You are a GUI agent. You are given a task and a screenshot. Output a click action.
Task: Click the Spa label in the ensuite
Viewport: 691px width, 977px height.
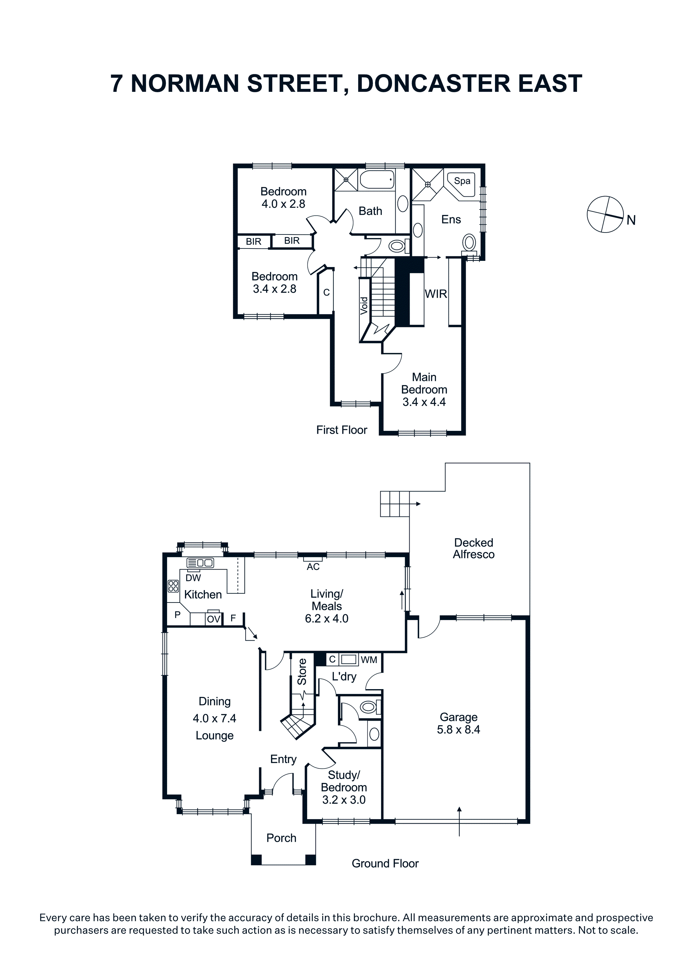[x=462, y=181]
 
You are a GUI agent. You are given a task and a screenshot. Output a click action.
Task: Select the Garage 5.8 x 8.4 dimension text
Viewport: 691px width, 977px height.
[x=458, y=729]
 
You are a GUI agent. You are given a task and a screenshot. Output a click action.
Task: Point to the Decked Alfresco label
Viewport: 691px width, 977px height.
[x=473, y=548]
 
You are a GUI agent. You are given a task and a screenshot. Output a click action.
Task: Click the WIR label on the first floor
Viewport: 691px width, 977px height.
[x=436, y=294]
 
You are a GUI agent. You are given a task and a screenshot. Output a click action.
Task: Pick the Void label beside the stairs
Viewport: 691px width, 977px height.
[x=364, y=305]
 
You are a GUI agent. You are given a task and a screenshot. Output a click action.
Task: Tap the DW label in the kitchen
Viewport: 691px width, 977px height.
[x=193, y=578]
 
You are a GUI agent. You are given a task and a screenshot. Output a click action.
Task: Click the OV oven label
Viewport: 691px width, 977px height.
[x=214, y=619]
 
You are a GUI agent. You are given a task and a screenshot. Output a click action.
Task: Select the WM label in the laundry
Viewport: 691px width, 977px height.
[x=369, y=660]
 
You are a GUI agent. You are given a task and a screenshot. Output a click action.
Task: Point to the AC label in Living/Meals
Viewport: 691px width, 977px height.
[x=313, y=567]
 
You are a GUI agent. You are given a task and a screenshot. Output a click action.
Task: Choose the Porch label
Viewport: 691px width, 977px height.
[x=281, y=838]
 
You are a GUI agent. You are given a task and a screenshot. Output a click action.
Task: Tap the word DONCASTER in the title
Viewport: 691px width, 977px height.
[x=433, y=83]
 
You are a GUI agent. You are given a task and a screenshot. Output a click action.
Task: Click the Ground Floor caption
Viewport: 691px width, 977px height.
[x=385, y=864]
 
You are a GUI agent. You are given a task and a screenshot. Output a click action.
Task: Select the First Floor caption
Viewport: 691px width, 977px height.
[x=342, y=430]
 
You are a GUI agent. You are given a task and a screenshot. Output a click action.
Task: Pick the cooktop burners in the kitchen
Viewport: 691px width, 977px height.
[x=173, y=586]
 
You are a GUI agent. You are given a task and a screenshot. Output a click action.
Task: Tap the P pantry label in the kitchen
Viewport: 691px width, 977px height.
[x=177, y=615]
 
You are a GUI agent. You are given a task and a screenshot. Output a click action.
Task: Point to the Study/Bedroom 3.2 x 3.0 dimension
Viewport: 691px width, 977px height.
[x=344, y=800]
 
